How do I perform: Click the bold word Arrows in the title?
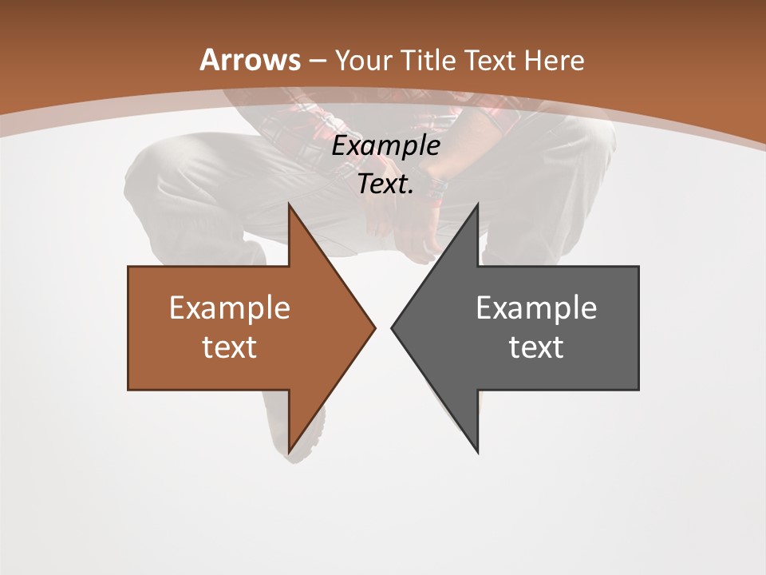coord(250,60)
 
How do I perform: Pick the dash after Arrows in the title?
coord(317,61)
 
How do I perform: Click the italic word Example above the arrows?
coord(385,146)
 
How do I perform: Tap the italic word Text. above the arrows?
coord(384,184)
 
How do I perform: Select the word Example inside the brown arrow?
coord(230,308)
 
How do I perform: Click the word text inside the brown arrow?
coord(230,347)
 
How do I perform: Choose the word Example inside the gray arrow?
coord(536,308)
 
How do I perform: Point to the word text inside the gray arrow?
coord(536,347)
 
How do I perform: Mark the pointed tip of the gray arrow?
coord(393,327)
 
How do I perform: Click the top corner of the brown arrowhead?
coord(290,205)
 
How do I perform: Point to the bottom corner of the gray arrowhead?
coord(477,451)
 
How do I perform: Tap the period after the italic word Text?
coord(411,192)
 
